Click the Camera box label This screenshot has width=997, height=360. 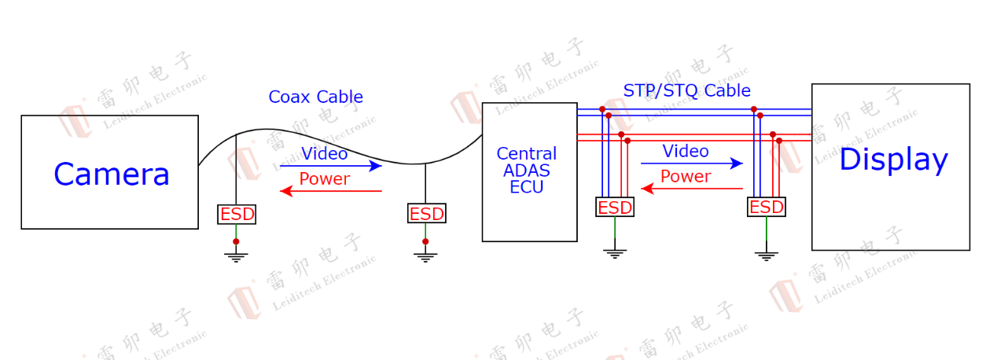coord(112,174)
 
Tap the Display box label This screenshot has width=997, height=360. coord(893,160)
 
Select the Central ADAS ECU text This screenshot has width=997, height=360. coord(527,171)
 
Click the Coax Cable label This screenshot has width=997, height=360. coord(315,97)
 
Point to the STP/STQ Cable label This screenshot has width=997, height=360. coord(686,90)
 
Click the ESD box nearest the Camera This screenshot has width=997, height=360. coord(237,215)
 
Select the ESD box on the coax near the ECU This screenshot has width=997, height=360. coord(426,214)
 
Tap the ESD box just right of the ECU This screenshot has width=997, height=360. coord(615,207)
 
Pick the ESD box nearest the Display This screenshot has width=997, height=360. coord(767,207)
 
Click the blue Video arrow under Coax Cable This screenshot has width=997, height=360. coord(331,166)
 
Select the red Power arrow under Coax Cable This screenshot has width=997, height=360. coord(331,191)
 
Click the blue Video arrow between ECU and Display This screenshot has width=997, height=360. coord(692,163)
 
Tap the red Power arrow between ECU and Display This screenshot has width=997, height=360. coord(692,189)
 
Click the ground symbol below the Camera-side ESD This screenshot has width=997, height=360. coord(236,258)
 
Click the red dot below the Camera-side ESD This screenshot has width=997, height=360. coord(236,241)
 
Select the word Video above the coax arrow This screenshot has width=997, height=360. coord(325,154)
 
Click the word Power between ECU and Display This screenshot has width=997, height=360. coord(686,177)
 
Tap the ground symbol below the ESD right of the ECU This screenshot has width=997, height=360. coord(615,254)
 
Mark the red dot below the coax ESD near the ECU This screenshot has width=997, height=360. coord(425,241)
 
